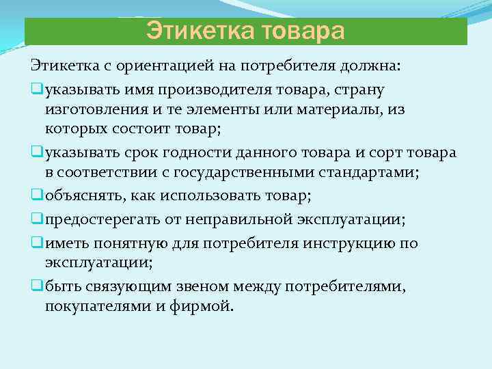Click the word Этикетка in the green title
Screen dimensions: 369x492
(193, 31)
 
